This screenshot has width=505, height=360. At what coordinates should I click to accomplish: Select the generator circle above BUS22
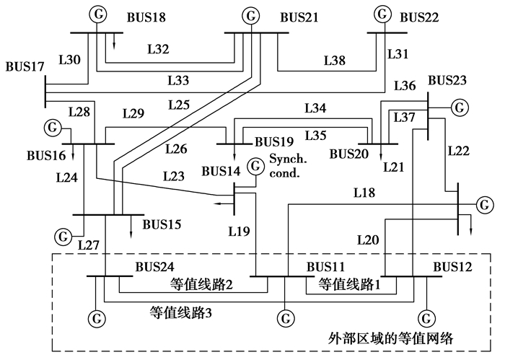click(382, 13)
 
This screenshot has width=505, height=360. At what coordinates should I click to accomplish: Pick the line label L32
click(158, 49)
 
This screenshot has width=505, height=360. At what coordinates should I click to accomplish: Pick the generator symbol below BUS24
click(95, 317)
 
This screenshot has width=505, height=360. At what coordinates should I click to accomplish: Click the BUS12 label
click(452, 266)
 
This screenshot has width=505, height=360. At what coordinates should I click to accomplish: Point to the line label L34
click(315, 109)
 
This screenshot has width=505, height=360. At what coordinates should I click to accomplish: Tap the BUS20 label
click(349, 154)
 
